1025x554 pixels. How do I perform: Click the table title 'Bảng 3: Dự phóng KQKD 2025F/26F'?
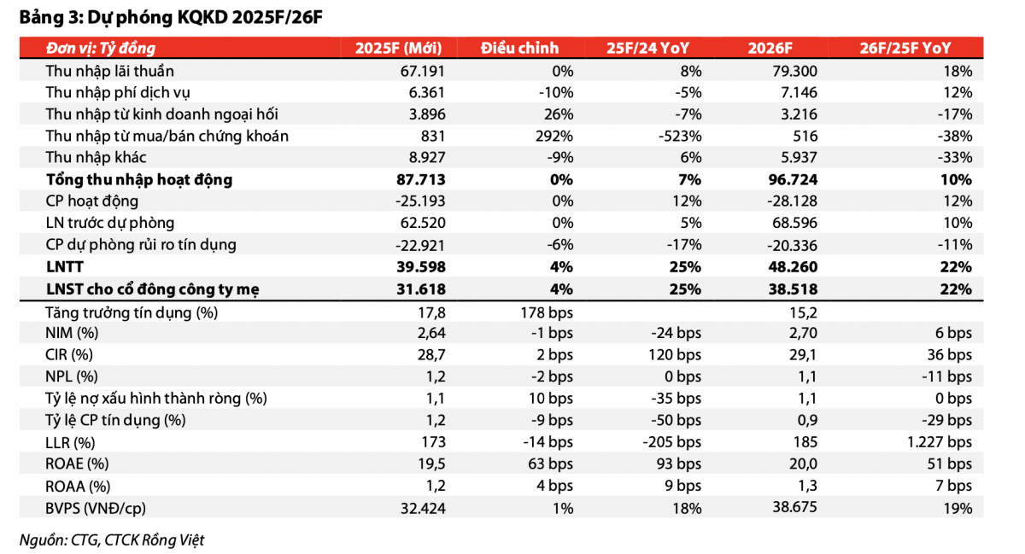pyautogui.click(x=171, y=17)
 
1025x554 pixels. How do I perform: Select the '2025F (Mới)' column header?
pyautogui.click(x=399, y=48)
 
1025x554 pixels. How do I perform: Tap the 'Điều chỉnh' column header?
pyautogui.click(x=520, y=48)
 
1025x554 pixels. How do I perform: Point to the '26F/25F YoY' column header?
pyautogui.click(x=905, y=48)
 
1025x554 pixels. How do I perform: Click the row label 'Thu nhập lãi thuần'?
pyautogui.click(x=110, y=71)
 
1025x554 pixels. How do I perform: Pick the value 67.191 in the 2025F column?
pyautogui.click(x=422, y=71)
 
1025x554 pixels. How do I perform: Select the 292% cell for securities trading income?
pyautogui.click(x=553, y=136)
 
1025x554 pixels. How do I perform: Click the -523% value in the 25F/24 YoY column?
pyautogui.click(x=680, y=136)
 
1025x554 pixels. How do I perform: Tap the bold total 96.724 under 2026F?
pyautogui.click(x=793, y=179)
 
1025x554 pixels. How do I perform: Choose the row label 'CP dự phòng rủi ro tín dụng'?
pyautogui.click(x=141, y=245)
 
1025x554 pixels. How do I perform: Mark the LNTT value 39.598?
pyautogui.click(x=420, y=266)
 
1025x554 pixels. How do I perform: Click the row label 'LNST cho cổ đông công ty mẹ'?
pyautogui.click(x=153, y=289)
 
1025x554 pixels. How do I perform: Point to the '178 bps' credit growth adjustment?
pyautogui.click(x=547, y=312)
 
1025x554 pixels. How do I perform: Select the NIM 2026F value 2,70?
pyautogui.click(x=803, y=333)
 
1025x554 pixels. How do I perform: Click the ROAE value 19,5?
pyautogui.click(x=431, y=464)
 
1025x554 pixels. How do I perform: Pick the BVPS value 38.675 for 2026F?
pyautogui.click(x=794, y=507)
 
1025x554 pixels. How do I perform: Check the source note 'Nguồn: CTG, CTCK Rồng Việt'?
pyautogui.click(x=112, y=540)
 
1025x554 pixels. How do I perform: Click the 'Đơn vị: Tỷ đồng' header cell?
pyautogui.click(x=101, y=49)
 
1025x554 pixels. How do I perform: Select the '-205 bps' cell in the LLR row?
pyautogui.click(x=671, y=442)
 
